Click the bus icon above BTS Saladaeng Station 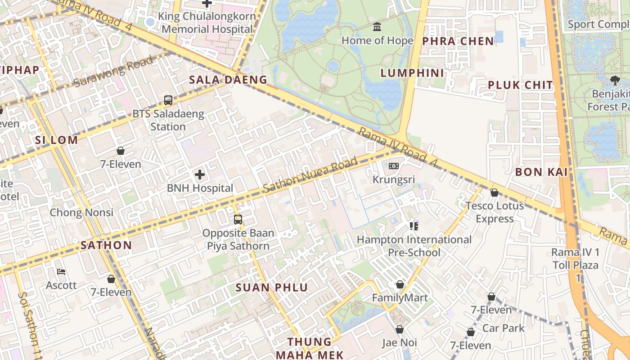(168, 100)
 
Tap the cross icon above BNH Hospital (200, 175)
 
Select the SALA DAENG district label (228, 80)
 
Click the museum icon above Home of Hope (377, 27)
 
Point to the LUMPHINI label (412, 73)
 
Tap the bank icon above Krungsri (394, 166)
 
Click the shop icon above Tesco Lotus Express (494, 193)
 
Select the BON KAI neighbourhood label (541, 172)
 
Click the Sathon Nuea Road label (310, 175)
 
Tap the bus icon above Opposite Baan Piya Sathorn (238, 220)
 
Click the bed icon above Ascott (62, 272)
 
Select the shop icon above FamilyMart (400, 284)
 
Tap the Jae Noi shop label (400, 343)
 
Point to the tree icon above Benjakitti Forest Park (615, 81)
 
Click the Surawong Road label (113, 72)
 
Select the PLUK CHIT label (520, 85)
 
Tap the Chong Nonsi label (81, 212)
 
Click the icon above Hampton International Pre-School (414, 226)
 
